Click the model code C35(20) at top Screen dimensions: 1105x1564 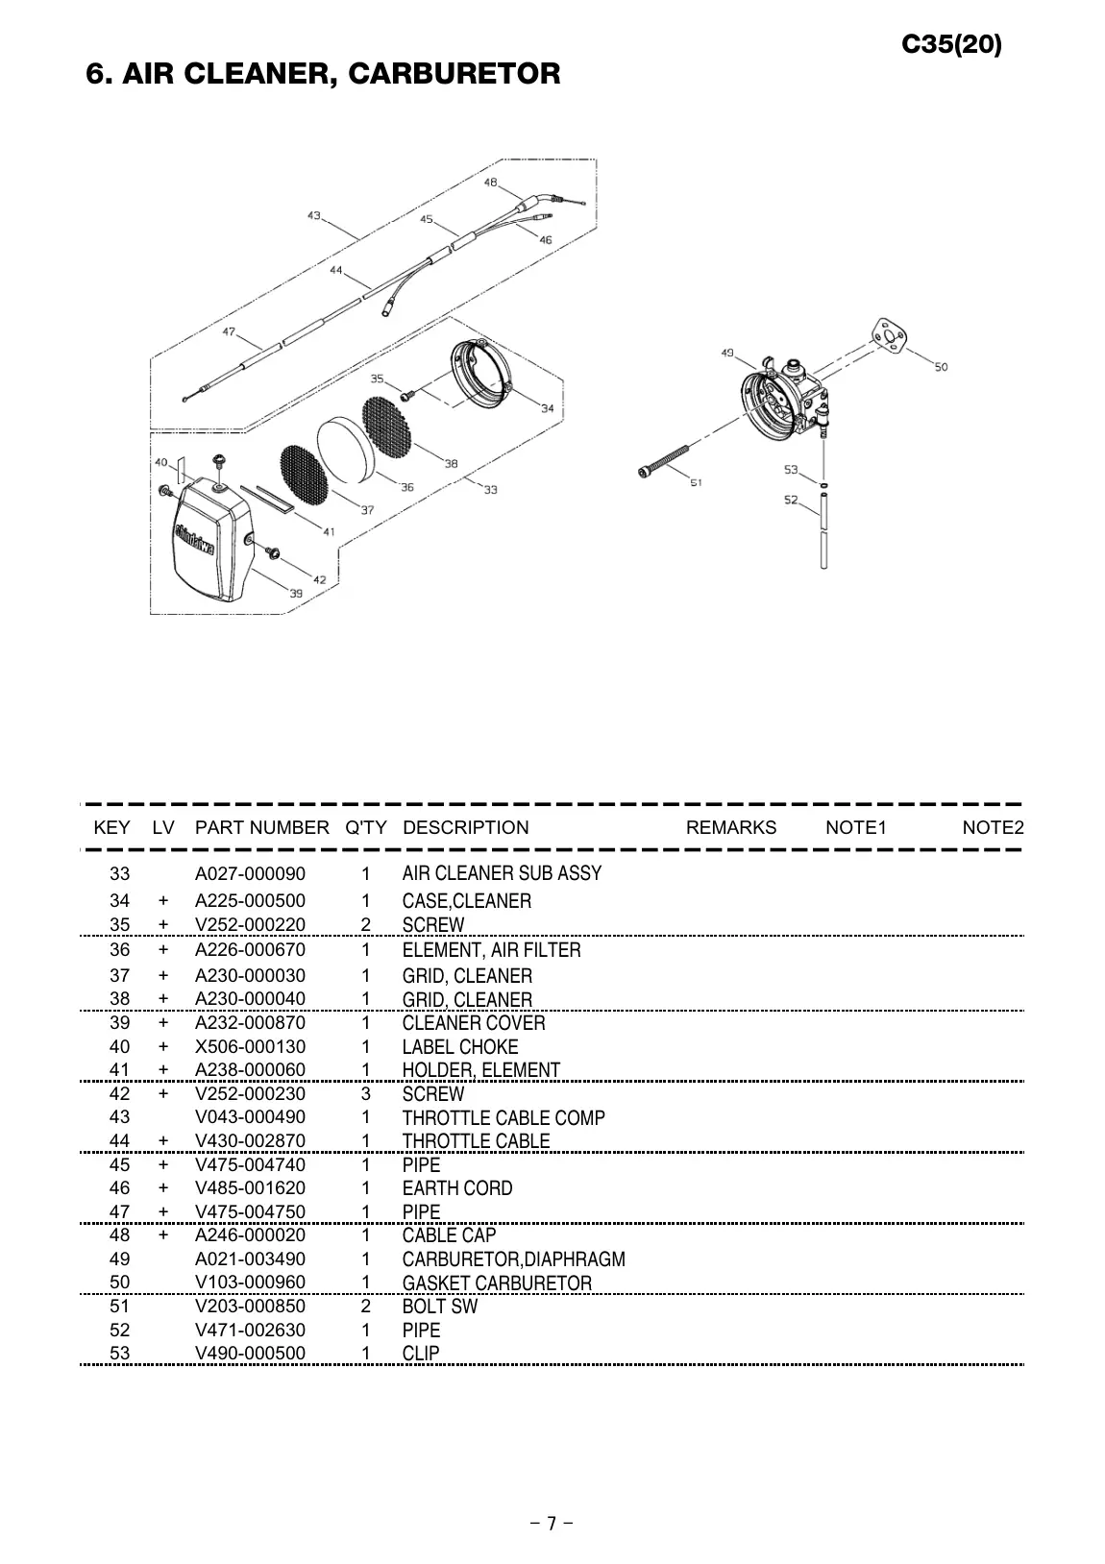click(951, 44)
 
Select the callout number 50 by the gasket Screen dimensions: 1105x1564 click(941, 367)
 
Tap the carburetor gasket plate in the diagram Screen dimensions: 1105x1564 click(889, 336)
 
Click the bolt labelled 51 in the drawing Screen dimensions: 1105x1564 click(664, 460)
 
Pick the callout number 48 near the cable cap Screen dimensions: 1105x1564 click(491, 183)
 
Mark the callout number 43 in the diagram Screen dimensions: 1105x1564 click(314, 216)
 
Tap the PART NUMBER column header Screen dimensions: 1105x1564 click(262, 827)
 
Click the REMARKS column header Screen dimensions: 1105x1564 click(730, 827)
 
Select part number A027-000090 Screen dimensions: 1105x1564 click(250, 873)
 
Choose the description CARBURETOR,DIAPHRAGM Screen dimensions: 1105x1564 click(513, 1259)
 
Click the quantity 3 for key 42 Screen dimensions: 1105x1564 click(365, 1093)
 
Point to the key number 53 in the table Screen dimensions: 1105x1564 click(119, 1354)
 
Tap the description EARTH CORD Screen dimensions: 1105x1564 click(456, 1187)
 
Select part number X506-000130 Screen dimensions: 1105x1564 click(250, 1046)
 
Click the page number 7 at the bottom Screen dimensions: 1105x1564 click(552, 1523)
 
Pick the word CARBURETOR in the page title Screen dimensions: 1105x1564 click(454, 73)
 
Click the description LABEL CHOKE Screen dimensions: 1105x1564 click(459, 1046)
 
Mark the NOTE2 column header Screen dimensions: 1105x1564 click(993, 827)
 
